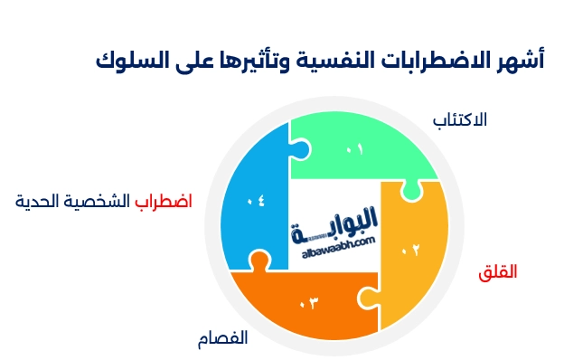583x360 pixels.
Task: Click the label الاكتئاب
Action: point(461,119)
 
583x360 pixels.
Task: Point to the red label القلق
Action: point(498,271)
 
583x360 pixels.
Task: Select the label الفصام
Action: point(222,339)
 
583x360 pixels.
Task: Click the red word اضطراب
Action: point(164,201)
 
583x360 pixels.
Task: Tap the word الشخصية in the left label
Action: point(100,201)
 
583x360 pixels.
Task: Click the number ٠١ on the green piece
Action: point(354,148)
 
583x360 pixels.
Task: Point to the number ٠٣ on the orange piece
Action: point(310,301)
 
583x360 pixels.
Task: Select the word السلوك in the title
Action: point(126,61)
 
